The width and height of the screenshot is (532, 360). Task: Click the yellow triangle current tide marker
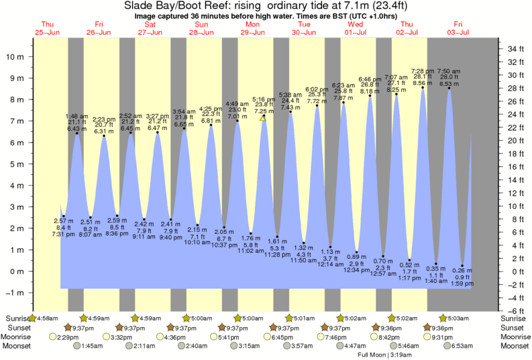pos(263,117)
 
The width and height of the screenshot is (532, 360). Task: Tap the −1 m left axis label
pos(14,293)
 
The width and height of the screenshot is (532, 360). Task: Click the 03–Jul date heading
pos(458,32)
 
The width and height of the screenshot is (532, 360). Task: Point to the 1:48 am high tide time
pos(76,116)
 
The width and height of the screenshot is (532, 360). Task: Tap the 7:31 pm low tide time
pos(64,234)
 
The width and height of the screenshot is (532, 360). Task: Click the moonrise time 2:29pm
pos(70,337)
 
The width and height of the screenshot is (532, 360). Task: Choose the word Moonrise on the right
pos(516,337)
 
